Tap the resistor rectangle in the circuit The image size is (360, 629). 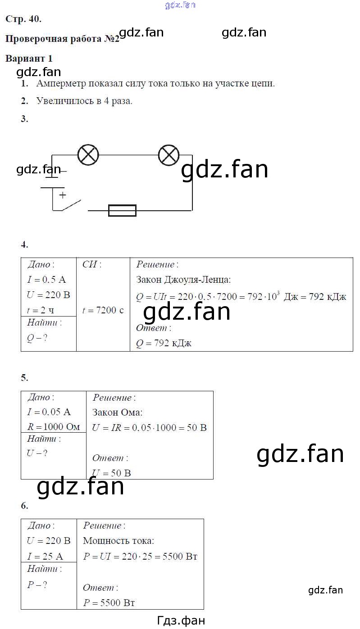coord(122,210)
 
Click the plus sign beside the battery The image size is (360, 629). coord(63,195)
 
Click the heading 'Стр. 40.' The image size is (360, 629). coord(23,19)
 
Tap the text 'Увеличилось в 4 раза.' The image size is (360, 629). coord(84,101)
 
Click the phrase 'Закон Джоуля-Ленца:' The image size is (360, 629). coord(183,280)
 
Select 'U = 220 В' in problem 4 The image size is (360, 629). coord(49,295)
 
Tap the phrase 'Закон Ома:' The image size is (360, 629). coord(117,412)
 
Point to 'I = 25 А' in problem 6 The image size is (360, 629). coord(45,557)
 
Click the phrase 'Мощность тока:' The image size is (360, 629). coord(118,541)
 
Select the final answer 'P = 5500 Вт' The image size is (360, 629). coord(109,602)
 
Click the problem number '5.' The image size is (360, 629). coord(24,378)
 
